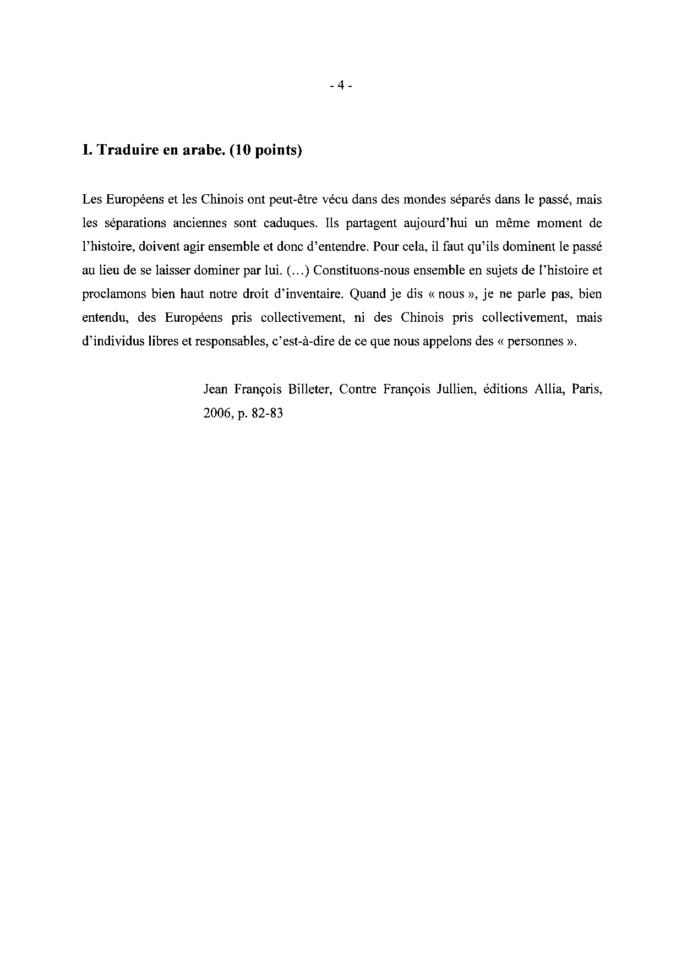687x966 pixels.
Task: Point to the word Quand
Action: [367, 294]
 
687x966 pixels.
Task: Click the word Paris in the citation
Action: [587, 389]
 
